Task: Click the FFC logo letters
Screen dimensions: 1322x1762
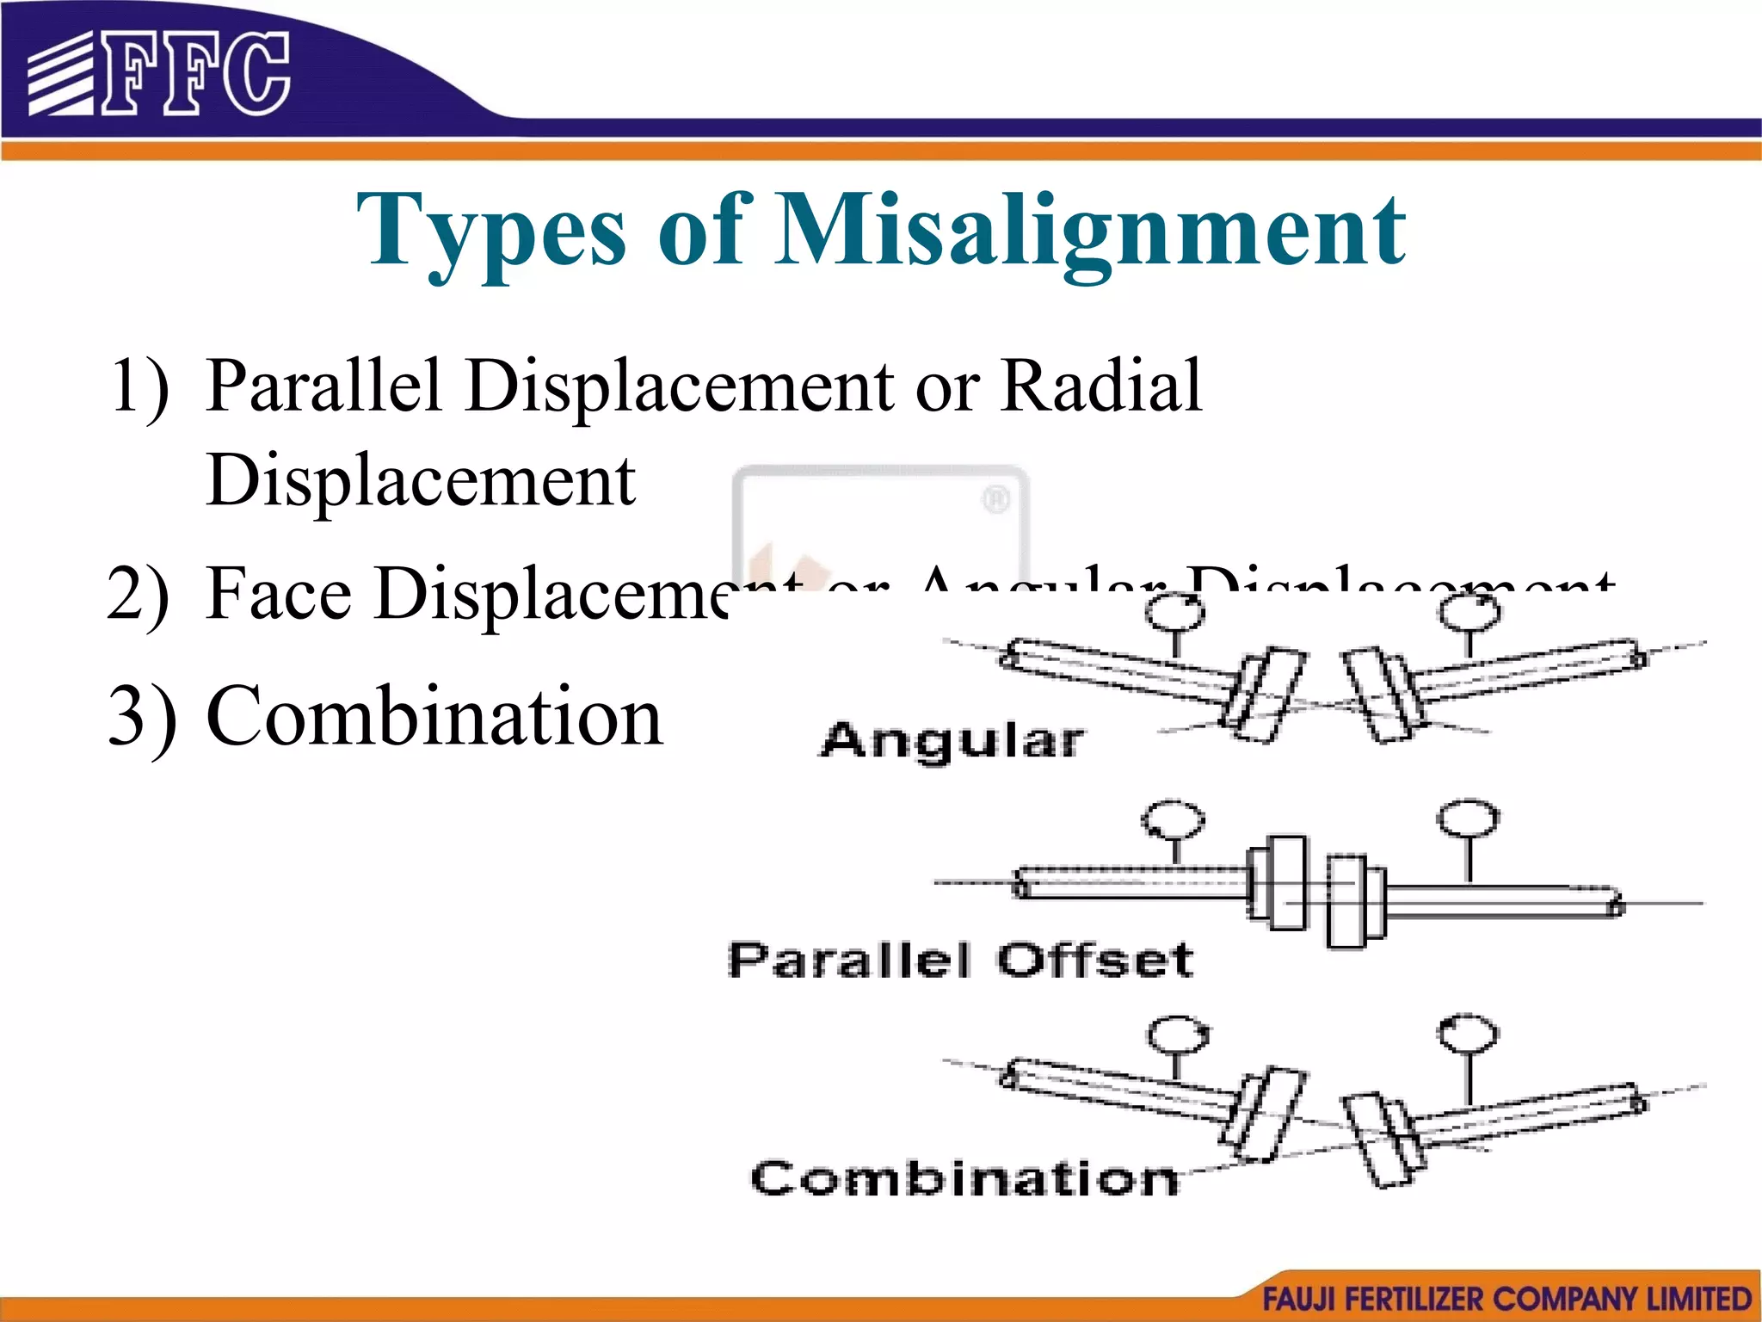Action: (196, 74)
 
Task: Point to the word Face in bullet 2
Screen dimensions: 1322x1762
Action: (279, 593)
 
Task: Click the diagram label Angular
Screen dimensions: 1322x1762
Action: (952, 741)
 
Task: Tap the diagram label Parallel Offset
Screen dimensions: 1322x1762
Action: (960, 960)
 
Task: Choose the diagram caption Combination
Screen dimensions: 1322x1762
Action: (964, 1178)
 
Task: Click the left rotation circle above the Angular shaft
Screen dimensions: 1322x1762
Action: (1176, 614)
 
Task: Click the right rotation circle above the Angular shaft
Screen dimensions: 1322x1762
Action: (1470, 614)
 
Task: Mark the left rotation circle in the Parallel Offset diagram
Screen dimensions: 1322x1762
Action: (1173, 820)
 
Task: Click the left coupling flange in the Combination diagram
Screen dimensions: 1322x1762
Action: (1263, 1114)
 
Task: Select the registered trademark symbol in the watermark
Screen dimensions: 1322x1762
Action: (995, 499)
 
